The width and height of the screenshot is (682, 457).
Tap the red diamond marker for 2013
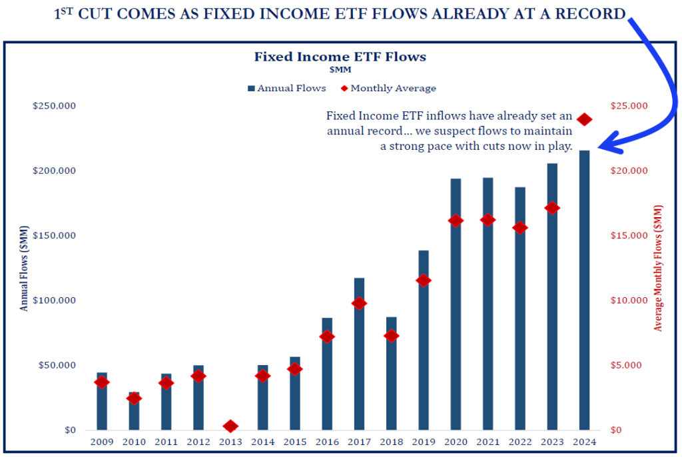click(230, 426)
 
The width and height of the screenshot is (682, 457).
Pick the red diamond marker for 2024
click(585, 119)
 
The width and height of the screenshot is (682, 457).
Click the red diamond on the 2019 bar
click(424, 280)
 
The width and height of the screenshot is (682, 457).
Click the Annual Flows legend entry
click(287, 88)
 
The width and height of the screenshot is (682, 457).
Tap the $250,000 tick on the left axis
click(54, 106)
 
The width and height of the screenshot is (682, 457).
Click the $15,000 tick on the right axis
click(629, 236)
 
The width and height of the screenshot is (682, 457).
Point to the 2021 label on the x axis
click(488, 442)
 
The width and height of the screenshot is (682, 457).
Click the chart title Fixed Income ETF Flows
click(340, 57)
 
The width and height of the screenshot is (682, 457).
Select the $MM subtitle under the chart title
click(340, 69)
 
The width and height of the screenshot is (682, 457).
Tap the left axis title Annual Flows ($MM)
click(25, 268)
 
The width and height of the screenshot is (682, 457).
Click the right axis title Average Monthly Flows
click(658, 268)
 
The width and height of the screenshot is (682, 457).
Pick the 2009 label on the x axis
click(102, 442)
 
